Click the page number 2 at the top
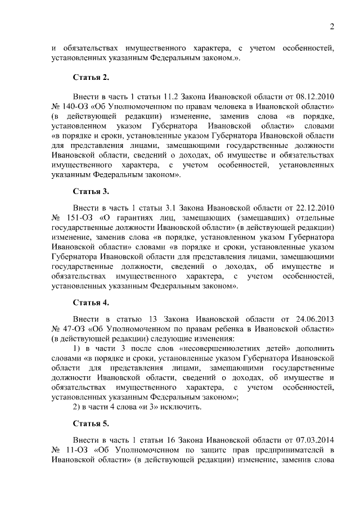[x=332, y=26]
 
